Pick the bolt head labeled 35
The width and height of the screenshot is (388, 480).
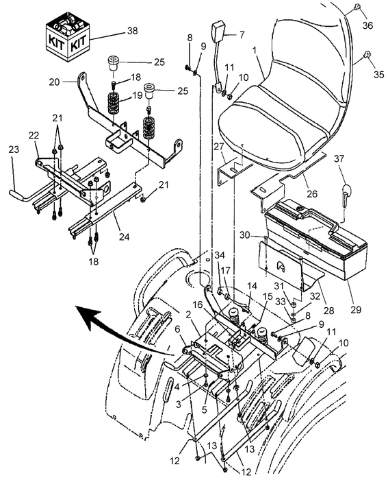[366, 55]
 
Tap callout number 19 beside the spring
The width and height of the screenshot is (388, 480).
[136, 95]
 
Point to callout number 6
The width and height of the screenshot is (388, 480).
[178, 329]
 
